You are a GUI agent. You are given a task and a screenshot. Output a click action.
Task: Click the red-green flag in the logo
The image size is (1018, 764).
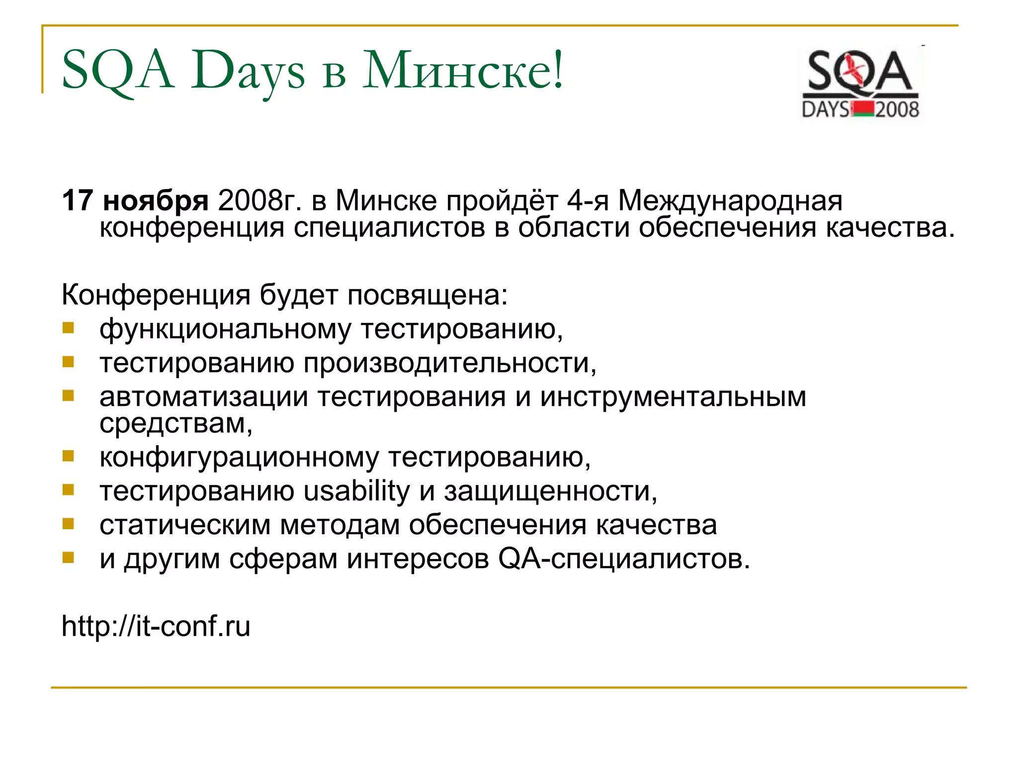point(862,109)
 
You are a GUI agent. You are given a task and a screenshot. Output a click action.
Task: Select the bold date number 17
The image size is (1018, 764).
point(78,200)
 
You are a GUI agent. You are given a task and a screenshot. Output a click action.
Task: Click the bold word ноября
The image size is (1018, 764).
point(156,201)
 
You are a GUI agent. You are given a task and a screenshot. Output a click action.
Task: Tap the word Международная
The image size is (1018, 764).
point(730,201)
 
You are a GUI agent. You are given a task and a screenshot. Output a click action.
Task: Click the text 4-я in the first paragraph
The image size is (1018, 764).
point(588,200)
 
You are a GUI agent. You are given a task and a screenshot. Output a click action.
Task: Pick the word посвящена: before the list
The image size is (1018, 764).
point(427,295)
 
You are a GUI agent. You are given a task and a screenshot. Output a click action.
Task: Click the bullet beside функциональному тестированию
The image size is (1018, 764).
point(68,328)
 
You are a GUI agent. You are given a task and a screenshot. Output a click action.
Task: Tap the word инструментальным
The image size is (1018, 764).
point(673,397)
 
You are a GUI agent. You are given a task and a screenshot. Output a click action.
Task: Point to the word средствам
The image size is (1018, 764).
point(175,424)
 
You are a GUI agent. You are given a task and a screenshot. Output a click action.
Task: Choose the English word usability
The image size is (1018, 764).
point(356,491)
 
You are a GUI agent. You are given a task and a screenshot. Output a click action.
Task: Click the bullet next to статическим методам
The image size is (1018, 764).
point(68,523)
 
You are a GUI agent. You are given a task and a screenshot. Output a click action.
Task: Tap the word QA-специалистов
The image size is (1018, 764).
point(623,559)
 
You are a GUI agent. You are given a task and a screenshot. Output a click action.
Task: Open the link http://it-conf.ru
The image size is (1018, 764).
point(156,626)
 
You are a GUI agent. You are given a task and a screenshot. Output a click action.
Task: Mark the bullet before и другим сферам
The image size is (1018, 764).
point(68,558)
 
